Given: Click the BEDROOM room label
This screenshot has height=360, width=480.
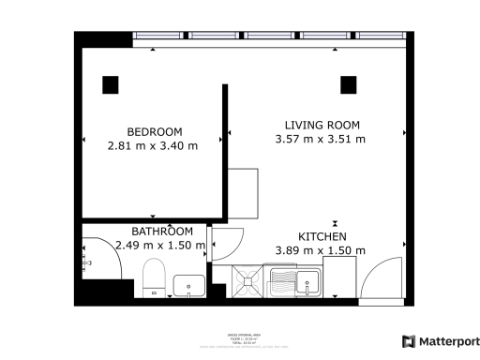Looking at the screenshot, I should coord(154,131).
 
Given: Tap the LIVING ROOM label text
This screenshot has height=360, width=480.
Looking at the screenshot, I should coord(322,125).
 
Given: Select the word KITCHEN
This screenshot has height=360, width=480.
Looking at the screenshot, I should coord(322,236).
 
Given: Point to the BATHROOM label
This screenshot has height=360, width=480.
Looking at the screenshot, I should coord(161,231).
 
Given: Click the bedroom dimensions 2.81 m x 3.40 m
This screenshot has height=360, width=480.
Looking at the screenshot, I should coord(154,145).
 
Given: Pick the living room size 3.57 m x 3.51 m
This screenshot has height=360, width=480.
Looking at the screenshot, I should coord(320,139).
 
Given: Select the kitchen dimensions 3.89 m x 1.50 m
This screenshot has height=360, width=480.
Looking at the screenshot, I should coord(320,250).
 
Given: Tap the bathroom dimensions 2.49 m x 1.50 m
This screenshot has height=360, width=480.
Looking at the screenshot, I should coord(159,245).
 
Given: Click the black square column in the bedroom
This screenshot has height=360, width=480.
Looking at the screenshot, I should coord(111,83).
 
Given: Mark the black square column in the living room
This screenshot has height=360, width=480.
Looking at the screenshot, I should coord(348,84).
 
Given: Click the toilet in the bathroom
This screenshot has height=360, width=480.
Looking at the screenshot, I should coord(155,277).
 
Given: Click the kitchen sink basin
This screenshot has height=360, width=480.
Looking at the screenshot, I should coord(307,282).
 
